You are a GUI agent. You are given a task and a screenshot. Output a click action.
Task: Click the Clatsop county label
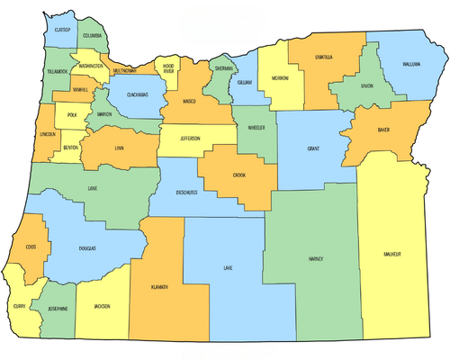click(x=62, y=30)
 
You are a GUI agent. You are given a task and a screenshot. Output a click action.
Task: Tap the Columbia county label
click(x=93, y=36)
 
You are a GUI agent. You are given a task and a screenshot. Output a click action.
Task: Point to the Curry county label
click(x=19, y=306)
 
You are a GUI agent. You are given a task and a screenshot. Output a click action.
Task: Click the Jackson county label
click(x=102, y=307)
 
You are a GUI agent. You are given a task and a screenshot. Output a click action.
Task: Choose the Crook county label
click(x=238, y=175)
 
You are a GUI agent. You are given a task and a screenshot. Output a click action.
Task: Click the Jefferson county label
click(x=201, y=139)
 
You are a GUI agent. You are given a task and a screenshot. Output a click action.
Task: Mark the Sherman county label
click(x=224, y=67)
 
